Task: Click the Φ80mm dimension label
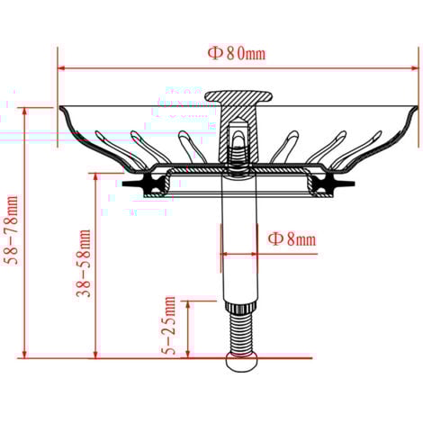pyautogui.click(x=237, y=53)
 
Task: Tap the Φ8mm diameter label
pyautogui.click(x=292, y=239)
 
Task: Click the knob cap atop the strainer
pyautogui.click(x=238, y=96)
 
